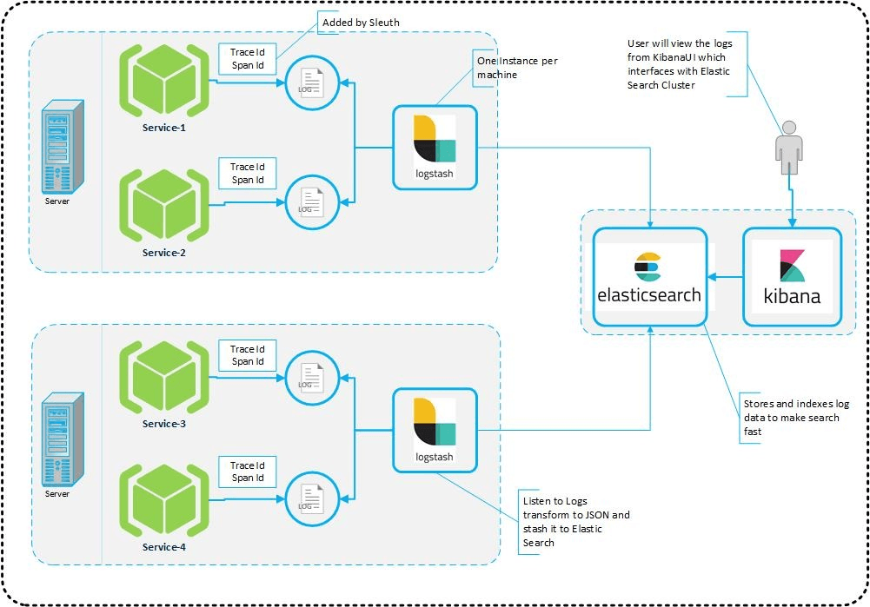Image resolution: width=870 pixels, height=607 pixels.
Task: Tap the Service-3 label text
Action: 164,424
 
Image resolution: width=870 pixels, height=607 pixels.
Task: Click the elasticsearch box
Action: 649,278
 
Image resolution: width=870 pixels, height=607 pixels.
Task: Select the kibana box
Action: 791,278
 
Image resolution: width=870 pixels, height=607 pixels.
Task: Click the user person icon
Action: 789,148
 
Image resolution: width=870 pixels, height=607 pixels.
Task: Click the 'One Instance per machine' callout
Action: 516,68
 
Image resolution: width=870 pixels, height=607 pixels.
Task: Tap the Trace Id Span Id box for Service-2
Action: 247,174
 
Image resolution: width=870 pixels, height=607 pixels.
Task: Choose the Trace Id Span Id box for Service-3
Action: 247,355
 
